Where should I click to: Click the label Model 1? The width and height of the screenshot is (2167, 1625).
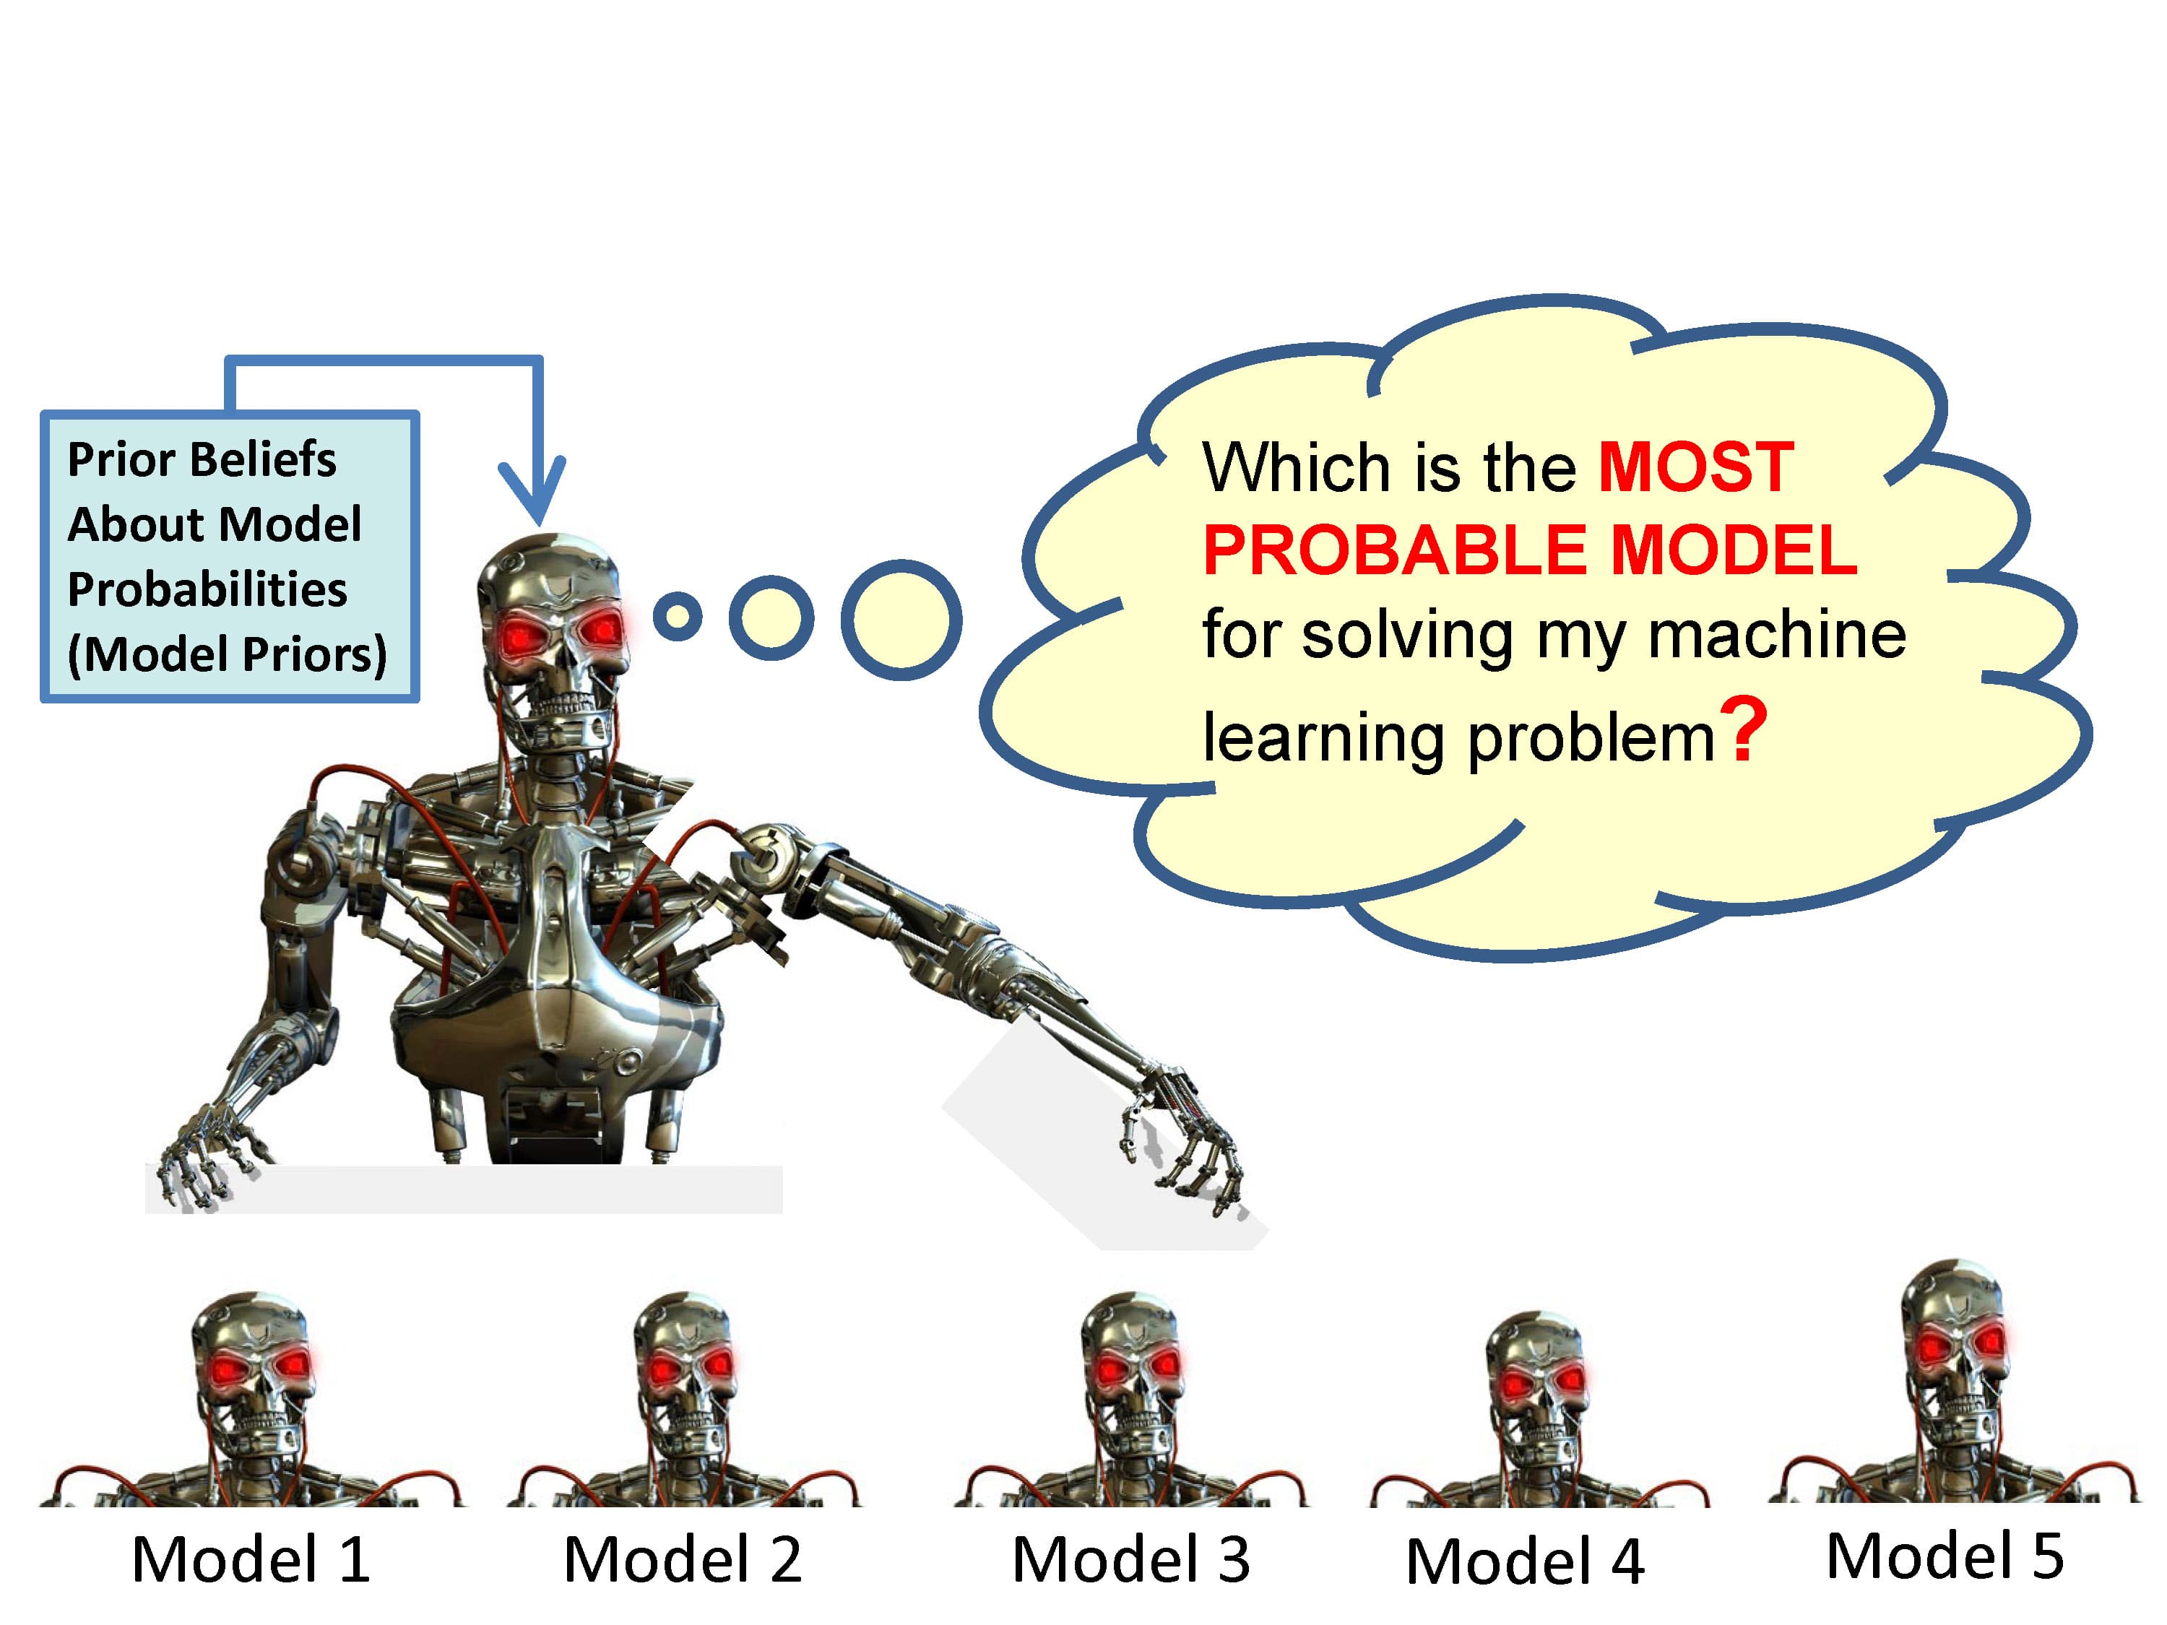[x=251, y=1559]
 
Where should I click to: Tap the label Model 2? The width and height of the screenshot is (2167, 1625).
[x=683, y=1559]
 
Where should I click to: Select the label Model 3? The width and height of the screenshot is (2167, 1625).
[x=1130, y=1559]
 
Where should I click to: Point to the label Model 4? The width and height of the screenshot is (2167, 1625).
[x=1524, y=1561]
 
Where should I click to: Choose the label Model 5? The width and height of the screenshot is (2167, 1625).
[x=1945, y=1556]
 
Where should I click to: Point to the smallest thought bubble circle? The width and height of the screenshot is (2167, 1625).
[x=677, y=616]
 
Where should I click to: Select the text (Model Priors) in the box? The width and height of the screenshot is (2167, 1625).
[x=226, y=654]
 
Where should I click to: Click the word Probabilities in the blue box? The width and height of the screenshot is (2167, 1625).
[x=207, y=589]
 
